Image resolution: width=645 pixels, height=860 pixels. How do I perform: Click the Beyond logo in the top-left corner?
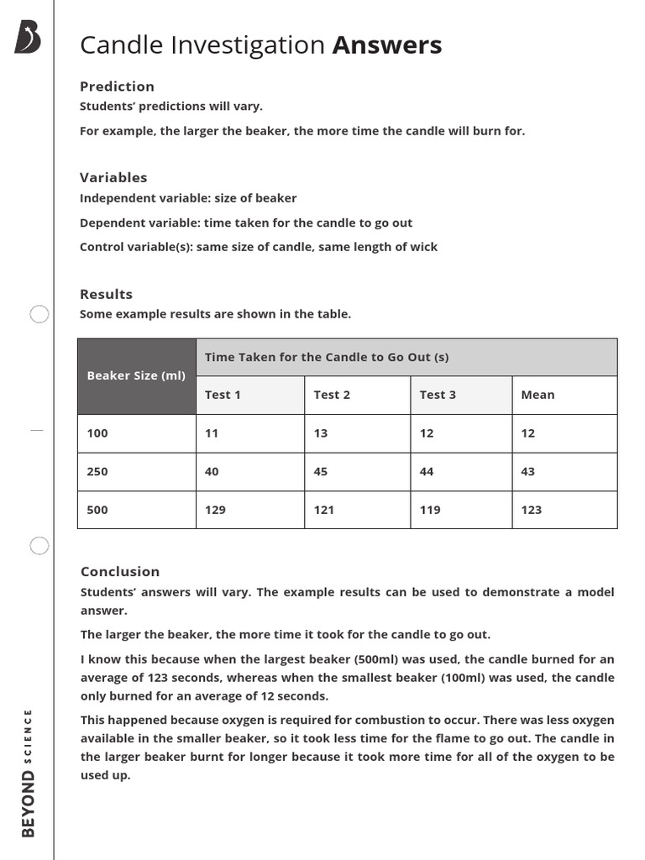coord(28,39)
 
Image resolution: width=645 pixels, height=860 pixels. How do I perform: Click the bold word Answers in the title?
coord(386,45)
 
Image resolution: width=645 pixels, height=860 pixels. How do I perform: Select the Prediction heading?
coord(117,87)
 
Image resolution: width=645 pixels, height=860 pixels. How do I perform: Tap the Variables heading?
coord(113,177)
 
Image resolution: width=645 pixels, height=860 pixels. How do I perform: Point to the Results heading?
coord(106,294)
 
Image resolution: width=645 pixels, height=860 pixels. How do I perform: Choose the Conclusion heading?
coord(120,571)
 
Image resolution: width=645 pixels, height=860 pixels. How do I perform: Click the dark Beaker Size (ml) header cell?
coord(136,376)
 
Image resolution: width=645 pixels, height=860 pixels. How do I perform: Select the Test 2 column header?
coord(332,395)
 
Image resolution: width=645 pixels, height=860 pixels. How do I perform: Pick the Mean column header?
coord(537,395)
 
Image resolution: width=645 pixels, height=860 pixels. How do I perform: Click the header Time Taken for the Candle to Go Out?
coord(327,357)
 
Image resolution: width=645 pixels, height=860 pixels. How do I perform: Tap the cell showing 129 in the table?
coord(215,510)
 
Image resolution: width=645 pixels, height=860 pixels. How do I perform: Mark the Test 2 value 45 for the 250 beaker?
coord(321,472)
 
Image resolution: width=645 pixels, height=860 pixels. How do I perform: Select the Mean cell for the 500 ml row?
coord(532,510)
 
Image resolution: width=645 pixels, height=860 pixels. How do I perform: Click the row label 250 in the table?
coord(97,472)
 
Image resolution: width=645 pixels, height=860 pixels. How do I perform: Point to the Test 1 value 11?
coord(212,433)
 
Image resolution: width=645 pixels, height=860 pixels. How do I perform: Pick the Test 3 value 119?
coord(430,510)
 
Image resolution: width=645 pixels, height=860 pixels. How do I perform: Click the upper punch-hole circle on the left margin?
coord(39,315)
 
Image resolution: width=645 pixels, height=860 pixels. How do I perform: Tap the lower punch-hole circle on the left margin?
coord(39,546)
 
